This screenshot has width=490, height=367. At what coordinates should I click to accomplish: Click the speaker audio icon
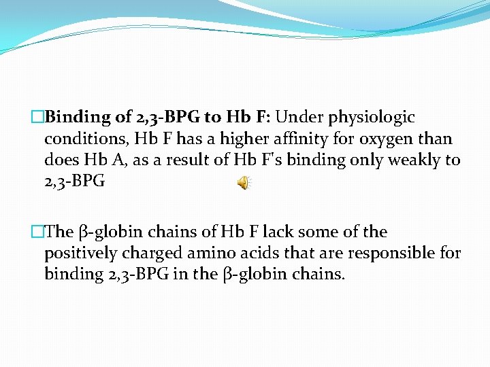(243, 183)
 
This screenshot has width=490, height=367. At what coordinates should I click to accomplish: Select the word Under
(299, 117)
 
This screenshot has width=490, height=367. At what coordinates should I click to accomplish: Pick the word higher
(217, 139)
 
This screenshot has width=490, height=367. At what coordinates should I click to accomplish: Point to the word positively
(80, 254)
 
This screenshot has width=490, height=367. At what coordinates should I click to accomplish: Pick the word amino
(210, 254)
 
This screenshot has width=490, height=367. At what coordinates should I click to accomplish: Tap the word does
(60, 160)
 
